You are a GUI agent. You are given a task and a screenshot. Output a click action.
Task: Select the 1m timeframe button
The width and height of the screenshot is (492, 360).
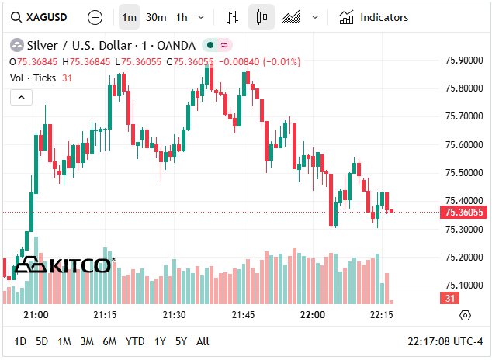(130, 17)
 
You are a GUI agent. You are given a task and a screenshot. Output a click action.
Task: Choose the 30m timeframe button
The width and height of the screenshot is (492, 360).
(156, 17)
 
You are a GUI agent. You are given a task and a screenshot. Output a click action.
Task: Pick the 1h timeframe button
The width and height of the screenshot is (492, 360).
(182, 17)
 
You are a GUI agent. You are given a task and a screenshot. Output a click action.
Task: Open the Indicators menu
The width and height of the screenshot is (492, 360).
(374, 17)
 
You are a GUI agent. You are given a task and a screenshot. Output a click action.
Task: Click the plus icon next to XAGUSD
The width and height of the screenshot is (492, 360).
(95, 17)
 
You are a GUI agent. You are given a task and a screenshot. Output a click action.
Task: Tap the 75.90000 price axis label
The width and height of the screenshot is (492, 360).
(463, 60)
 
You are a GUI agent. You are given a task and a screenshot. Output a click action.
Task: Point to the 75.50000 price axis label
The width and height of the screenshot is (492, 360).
(463, 173)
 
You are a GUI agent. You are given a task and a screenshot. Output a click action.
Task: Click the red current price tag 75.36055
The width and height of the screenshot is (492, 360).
(463, 213)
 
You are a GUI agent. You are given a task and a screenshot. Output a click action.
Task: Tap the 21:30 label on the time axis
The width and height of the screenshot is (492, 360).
(174, 315)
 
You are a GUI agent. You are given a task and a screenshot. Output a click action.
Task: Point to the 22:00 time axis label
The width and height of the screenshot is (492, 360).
(312, 315)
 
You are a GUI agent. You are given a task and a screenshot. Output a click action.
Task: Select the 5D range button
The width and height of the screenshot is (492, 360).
(42, 341)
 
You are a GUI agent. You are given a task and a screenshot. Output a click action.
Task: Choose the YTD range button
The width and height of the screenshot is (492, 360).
(135, 341)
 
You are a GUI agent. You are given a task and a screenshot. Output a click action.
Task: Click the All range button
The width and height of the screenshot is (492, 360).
(203, 341)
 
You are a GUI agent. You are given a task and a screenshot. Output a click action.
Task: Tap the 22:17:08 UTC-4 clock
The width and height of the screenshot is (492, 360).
(445, 341)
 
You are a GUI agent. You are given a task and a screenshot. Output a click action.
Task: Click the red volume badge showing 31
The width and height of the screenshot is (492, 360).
(450, 299)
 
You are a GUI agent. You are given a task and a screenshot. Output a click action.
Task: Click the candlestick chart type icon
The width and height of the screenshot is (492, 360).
(262, 17)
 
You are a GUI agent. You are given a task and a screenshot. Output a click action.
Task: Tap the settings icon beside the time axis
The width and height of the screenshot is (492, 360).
(465, 315)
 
